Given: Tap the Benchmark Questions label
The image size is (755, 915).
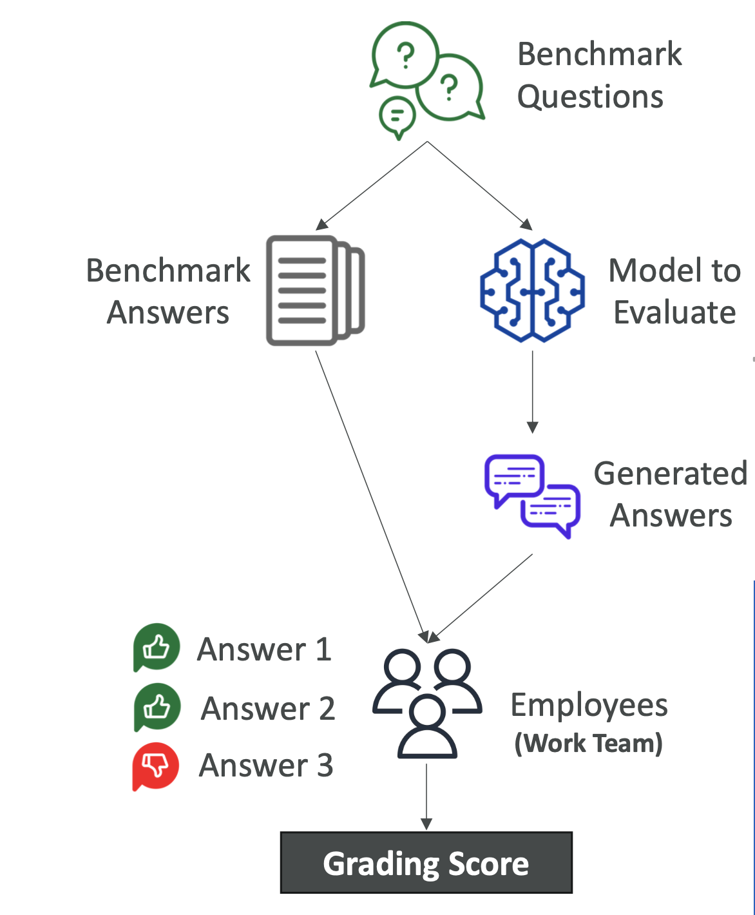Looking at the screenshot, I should tap(599, 75).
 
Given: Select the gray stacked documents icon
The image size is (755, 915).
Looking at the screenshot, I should tap(315, 291).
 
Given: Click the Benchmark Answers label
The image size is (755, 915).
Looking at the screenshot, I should tap(168, 291).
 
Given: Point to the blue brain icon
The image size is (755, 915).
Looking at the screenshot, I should tap(532, 291).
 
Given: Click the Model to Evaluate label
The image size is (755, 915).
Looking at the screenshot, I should tap(674, 291).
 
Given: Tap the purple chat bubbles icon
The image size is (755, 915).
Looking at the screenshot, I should tap(532, 495).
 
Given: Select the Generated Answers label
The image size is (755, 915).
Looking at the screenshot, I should tap(671, 494).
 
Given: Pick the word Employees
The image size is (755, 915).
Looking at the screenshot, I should tap(589, 705).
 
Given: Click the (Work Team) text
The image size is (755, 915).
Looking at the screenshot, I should tap(588, 743).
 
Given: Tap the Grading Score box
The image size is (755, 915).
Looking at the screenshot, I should tap(426, 863).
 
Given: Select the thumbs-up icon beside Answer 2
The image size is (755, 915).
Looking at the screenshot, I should tap(157, 707).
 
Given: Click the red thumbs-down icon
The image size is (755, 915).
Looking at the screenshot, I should tap(155, 766).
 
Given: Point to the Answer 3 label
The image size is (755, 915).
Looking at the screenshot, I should tap(266, 766).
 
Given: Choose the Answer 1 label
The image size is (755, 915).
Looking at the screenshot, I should tap(264, 649).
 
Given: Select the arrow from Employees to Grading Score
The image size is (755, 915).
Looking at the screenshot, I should tap(426, 796).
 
